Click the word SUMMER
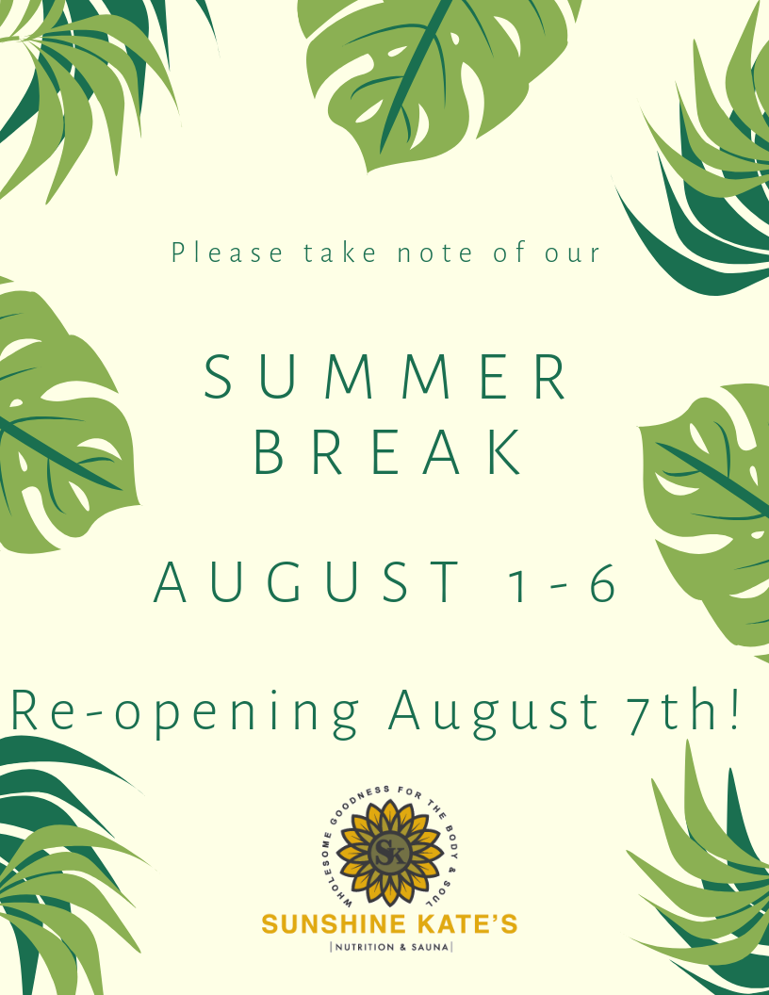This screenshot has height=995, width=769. coord(386,378)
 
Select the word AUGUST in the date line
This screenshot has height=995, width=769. coord(307,583)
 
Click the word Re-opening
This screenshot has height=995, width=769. coord(185,711)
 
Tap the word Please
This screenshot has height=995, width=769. coord(227,253)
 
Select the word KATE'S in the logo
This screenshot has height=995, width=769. coord(469,924)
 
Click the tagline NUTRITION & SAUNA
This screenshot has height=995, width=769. coord(389,946)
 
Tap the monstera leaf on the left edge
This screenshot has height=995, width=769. coord(57,424)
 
